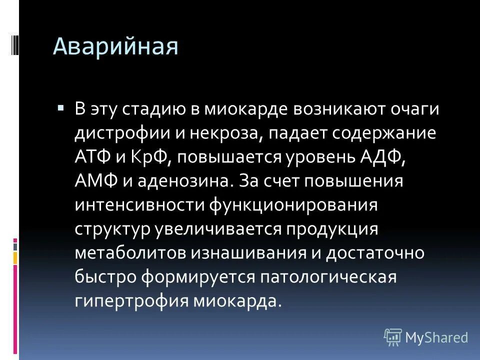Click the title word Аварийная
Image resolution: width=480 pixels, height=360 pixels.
[115, 47]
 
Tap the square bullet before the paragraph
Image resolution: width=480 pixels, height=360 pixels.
[61, 107]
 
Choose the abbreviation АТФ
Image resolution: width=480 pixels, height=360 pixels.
[95, 157]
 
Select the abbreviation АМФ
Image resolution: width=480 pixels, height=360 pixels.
[96, 181]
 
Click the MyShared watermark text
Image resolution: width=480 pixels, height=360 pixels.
[436, 337]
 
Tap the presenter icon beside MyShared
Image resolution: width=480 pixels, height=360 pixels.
[393, 337]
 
